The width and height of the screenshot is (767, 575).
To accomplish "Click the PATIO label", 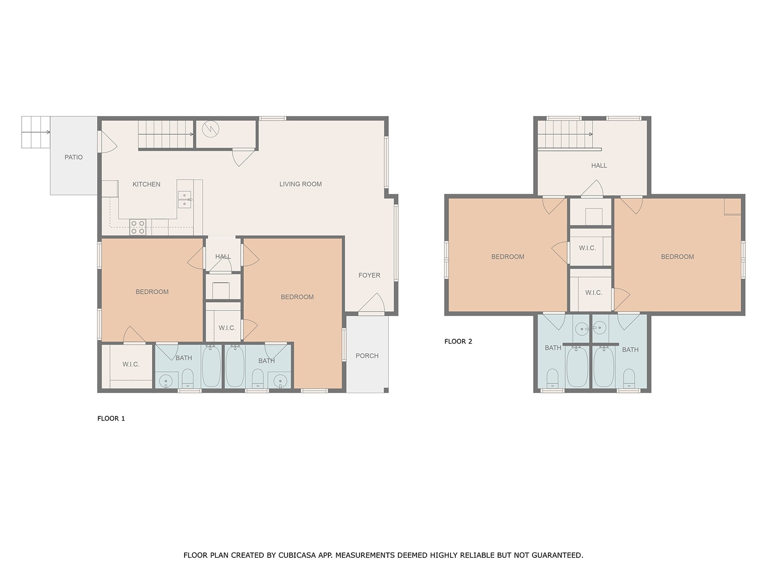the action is [x=73, y=157].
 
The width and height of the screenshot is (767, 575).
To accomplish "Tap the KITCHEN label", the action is [x=146, y=184].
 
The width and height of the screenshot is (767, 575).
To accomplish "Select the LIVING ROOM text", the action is [x=301, y=184].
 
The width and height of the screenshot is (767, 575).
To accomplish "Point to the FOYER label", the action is [x=369, y=275].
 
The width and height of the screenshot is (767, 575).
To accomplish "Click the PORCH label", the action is [x=367, y=356].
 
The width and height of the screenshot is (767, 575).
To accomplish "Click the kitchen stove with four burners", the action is [x=138, y=227].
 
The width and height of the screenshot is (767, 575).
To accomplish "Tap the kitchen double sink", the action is [x=185, y=199].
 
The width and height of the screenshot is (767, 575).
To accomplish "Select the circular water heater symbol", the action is [x=211, y=129].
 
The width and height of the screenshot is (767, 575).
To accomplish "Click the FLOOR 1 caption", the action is [x=111, y=418].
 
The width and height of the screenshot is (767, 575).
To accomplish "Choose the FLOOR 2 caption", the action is [x=458, y=342].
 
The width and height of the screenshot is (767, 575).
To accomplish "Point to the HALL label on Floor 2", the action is [x=599, y=165].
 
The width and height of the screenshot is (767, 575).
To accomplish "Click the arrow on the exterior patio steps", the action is [x=36, y=132].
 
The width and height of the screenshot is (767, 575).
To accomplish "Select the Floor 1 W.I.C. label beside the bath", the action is [x=131, y=364].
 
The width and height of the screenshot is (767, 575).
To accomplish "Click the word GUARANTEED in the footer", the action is [x=558, y=555].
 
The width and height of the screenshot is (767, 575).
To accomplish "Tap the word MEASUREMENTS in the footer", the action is [x=365, y=555].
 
